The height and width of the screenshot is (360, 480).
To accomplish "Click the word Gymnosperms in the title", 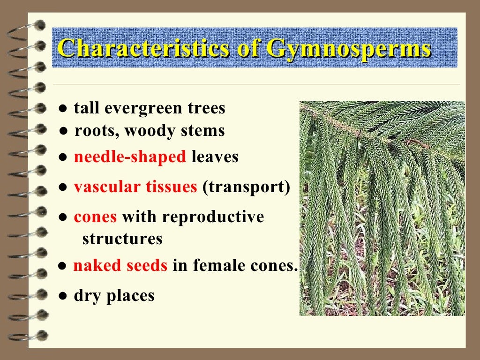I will [x=348, y=49].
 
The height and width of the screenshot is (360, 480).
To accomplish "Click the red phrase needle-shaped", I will [x=130, y=157].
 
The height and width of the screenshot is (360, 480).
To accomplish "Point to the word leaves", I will [x=215, y=157].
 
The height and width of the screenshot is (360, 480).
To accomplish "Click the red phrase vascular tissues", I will [x=135, y=187].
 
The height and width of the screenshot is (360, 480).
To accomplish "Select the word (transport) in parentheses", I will [x=246, y=187].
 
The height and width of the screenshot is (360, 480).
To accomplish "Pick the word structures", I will [x=122, y=239].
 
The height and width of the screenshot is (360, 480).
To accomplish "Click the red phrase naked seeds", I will [x=120, y=266].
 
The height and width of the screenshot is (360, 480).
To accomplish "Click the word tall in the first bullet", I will [x=87, y=109].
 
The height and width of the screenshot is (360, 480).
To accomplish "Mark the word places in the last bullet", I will [x=131, y=296].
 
